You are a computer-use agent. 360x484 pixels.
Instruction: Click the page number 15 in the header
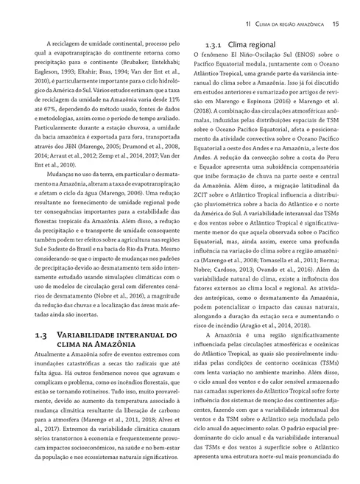click(x=335, y=24)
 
